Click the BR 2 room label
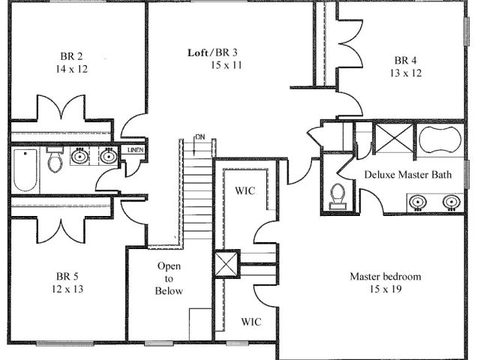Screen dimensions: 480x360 [71, 56]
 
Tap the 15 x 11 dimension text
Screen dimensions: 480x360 [226, 65]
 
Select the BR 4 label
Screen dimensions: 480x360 [405, 60]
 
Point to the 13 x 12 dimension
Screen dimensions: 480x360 [406, 73]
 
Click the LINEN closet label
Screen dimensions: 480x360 [135, 150]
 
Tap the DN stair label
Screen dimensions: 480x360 [200, 136]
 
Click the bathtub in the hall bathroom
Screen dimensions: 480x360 [25, 170]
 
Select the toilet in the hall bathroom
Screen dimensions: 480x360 [55, 159]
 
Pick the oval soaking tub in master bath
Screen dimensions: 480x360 [440, 140]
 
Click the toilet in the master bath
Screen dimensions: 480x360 [338, 196]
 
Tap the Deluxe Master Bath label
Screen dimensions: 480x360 [408, 175]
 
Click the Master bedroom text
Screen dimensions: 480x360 [385, 277]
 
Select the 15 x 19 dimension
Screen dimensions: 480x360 [385, 289]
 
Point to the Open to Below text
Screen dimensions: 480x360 [169, 278]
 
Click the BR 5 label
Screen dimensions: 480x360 [67, 277]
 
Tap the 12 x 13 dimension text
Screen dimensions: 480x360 [67, 289]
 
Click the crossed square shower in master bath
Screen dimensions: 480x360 [394, 138]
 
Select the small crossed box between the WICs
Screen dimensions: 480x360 [226, 264]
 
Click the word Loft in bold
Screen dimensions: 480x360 [198, 52]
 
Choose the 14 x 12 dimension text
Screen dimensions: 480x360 [72, 69]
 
